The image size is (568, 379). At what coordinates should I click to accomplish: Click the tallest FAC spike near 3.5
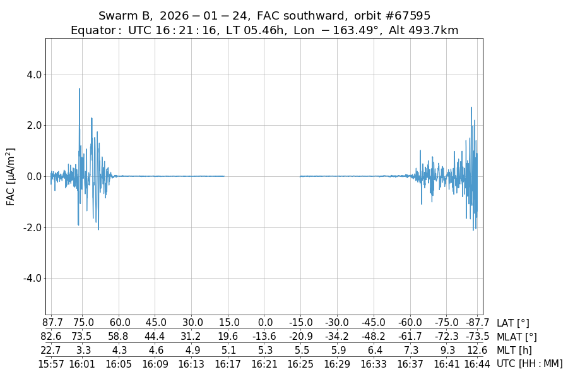point(80,89)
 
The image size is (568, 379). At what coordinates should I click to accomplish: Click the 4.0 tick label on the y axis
point(33,75)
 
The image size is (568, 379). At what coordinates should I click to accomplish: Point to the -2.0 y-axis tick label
point(32,227)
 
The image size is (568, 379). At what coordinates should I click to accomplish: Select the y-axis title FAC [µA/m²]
point(11,176)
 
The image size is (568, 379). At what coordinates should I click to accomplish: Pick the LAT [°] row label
point(513,323)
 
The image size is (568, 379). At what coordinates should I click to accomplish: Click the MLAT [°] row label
point(516,337)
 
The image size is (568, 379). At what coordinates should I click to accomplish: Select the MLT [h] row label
point(512,351)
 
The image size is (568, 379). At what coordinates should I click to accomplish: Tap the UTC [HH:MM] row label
point(529,364)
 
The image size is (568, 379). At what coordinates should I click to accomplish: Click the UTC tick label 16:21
point(265,364)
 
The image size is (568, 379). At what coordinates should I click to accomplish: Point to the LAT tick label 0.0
point(265,323)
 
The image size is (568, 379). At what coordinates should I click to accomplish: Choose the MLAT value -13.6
point(265,337)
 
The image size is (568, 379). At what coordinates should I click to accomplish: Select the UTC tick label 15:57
point(50,364)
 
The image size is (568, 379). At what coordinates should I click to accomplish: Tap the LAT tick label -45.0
point(374,323)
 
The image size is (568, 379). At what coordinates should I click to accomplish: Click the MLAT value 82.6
point(51,337)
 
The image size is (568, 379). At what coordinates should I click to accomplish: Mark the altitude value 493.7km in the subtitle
point(436,30)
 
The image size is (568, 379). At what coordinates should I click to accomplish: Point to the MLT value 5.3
point(265,351)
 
